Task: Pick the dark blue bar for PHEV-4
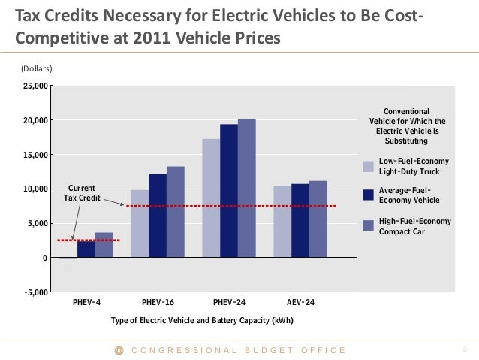pyautogui.click(x=86, y=249)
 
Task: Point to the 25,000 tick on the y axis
pyautogui.click(x=35, y=86)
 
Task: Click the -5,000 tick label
pyautogui.click(x=34, y=292)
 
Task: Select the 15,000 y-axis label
pyautogui.click(x=35, y=155)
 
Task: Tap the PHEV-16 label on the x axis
pyautogui.click(x=158, y=302)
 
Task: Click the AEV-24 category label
pyautogui.click(x=300, y=302)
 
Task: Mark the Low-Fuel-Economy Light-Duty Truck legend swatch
pyautogui.click(x=368, y=167)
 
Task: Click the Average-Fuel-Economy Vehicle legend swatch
pyautogui.click(x=368, y=195)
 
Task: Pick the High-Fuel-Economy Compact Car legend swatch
pyautogui.click(x=368, y=225)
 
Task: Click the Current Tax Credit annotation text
pyautogui.click(x=82, y=192)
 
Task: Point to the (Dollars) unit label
pyautogui.click(x=36, y=68)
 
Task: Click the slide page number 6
pyautogui.click(x=465, y=350)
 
